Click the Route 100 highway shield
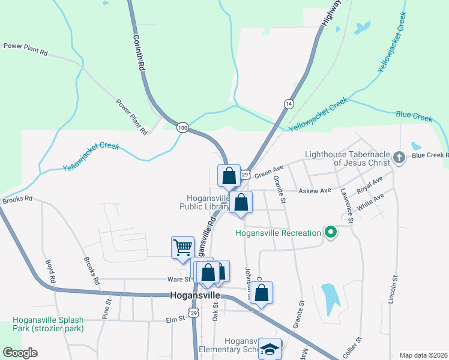click(183, 127)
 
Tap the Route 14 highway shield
click(289, 103)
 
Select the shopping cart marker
click(182, 247)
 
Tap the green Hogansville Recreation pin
click(330, 232)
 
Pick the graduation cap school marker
click(270, 349)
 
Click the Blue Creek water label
click(414, 115)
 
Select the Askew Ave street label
click(316, 191)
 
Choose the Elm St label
click(175, 320)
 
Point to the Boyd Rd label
click(50, 272)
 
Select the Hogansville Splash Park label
click(48, 324)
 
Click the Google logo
click(20, 352)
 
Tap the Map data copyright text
click(423, 355)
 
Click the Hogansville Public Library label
click(205, 202)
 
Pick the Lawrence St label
click(347, 205)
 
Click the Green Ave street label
click(268, 172)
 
